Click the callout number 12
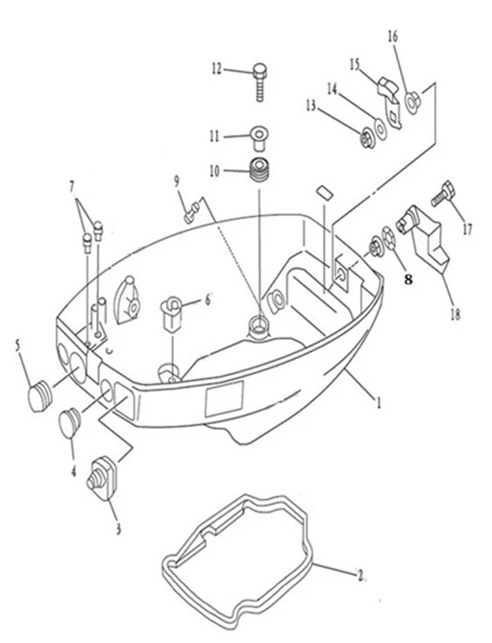pyautogui.click(x=216, y=68)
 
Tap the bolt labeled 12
pyautogui.click(x=260, y=82)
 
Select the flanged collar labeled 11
pyautogui.click(x=259, y=138)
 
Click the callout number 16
pyautogui.click(x=393, y=36)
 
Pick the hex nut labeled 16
pyautogui.click(x=412, y=101)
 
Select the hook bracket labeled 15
pyautogui.click(x=390, y=101)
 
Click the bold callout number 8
pyautogui.click(x=407, y=279)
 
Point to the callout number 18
pyautogui.click(x=455, y=315)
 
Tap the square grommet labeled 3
pyautogui.click(x=103, y=477)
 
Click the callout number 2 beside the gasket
pyautogui.click(x=360, y=576)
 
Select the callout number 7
pyautogui.click(x=72, y=187)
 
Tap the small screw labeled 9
pyautogui.click(x=192, y=211)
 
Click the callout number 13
pyautogui.click(x=311, y=106)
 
